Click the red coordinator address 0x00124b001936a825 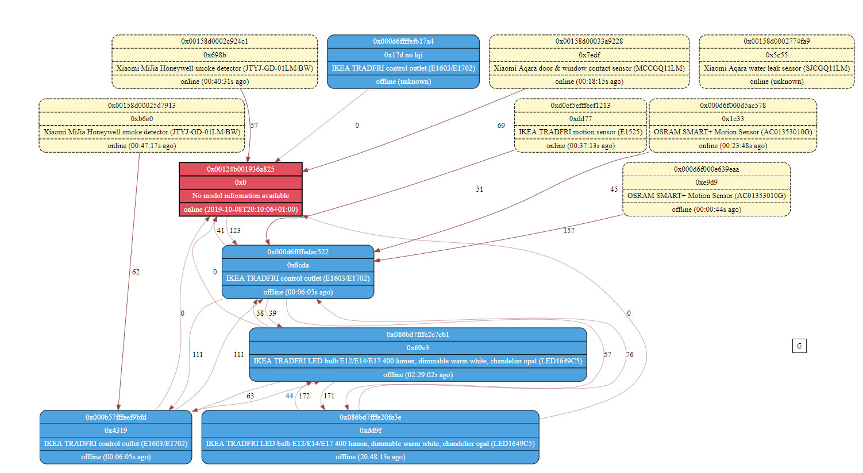[240, 169]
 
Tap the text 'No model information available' [240, 196]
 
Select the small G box [799, 346]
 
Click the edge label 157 [569, 231]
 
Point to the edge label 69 [501, 126]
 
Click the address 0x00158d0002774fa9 [776, 41]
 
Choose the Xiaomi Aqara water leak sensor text [776, 68]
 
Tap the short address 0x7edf [589, 55]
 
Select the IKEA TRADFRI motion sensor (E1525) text [580, 132]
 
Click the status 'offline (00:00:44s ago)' [706, 210]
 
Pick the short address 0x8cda [298, 265]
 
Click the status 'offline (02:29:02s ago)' [418, 375]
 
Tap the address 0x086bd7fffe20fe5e [370, 417]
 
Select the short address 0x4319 [115, 431]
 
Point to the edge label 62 [136, 272]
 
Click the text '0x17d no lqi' [403, 55]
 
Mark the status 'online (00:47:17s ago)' [141, 146]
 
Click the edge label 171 [329, 396]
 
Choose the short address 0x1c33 [733, 119]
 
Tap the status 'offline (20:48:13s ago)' [370, 457]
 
